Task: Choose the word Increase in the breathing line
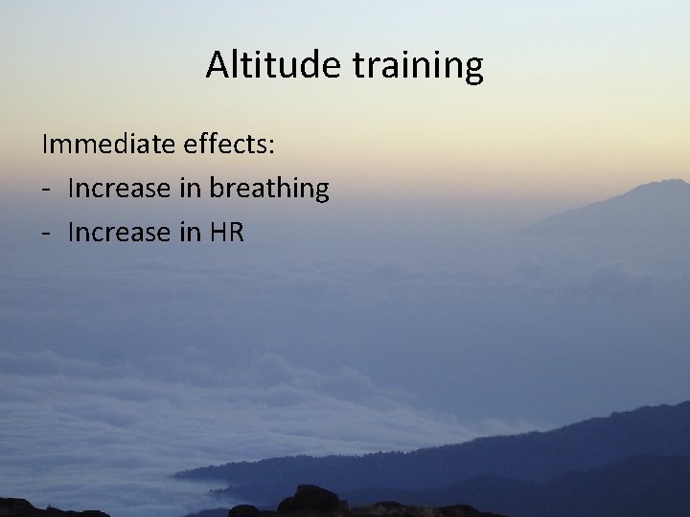pos(116,188)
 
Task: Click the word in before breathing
pos(186,188)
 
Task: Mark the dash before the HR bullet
pos(46,233)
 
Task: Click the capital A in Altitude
pos(218,65)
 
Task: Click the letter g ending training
pos(472,69)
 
